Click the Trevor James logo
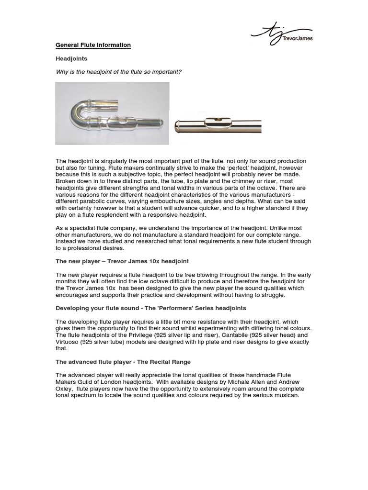point(282,33)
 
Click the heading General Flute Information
point(93,45)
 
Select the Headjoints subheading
point(71,58)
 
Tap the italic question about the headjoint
point(118,72)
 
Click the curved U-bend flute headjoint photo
point(112,113)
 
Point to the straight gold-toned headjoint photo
point(218,126)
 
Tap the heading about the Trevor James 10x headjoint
point(122,261)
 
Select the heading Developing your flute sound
point(151,308)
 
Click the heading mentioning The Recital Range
point(123,362)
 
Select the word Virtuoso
point(69,342)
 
